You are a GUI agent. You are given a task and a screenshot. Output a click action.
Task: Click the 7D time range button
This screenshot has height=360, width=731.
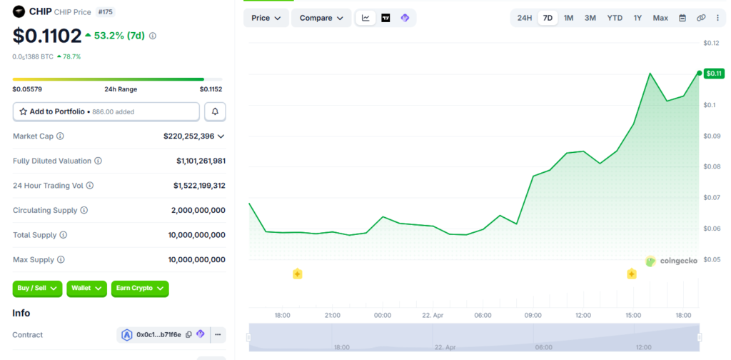point(547,18)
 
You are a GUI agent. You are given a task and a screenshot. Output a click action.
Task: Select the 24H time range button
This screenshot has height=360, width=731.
point(525,18)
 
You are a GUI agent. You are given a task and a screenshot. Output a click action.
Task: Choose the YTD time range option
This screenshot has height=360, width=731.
point(614,18)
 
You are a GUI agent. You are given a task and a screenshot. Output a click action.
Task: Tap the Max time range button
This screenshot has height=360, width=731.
point(660,18)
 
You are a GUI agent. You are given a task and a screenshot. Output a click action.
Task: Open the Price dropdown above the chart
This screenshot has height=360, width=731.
point(266,18)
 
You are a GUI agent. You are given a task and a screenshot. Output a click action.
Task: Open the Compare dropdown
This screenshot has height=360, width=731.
point(321,18)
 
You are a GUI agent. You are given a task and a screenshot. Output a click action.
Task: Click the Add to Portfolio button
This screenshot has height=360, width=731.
point(106,111)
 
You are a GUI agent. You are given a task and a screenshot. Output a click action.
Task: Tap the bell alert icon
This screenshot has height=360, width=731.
point(215,111)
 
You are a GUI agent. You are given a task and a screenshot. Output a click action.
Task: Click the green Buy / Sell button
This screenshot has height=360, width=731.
point(37,288)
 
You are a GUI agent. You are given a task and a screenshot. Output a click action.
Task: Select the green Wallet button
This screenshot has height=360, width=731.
point(86,288)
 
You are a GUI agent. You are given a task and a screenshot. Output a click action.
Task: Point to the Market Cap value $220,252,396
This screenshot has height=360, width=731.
point(188,136)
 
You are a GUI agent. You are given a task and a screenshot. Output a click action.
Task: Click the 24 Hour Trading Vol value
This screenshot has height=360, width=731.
point(199,185)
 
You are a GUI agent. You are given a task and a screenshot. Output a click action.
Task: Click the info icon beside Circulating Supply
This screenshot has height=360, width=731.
point(84,210)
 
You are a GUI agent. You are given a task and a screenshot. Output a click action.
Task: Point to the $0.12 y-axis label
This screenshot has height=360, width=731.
point(711,44)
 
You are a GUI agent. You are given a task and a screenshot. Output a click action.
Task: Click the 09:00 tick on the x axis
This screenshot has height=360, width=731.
point(533,315)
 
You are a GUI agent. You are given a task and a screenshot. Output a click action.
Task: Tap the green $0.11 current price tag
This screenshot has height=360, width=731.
point(714,73)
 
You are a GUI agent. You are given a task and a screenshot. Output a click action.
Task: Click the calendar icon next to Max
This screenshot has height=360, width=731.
point(682,18)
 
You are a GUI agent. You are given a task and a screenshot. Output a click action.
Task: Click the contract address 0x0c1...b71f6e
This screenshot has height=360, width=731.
point(158,334)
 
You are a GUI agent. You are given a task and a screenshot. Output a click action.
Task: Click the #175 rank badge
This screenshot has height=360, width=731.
point(104,12)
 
